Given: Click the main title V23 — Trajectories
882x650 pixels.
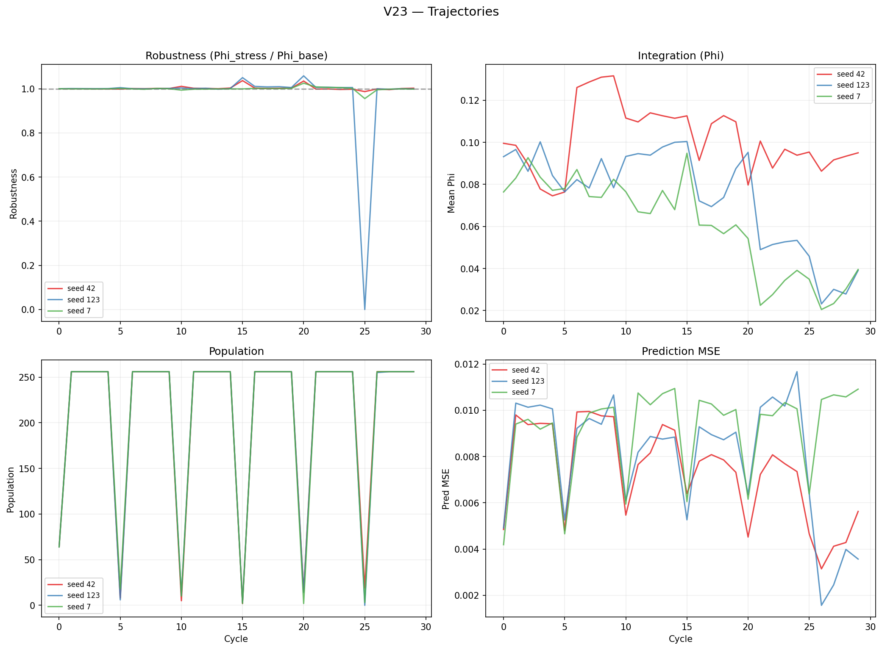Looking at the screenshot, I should tap(441, 12).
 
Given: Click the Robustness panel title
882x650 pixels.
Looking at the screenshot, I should tap(236, 56).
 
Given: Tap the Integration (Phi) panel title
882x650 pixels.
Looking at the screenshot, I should tap(680, 56).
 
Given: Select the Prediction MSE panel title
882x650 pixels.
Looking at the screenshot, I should tap(680, 351).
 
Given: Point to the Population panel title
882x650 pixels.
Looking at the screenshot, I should tap(236, 351).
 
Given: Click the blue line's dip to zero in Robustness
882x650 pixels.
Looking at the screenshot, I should tap(364, 309).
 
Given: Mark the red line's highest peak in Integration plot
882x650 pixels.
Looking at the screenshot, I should tap(613, 76).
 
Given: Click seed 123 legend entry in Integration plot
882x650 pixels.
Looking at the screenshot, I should tap(852, 85).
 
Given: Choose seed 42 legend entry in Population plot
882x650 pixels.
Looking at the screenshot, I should tap(81, 584).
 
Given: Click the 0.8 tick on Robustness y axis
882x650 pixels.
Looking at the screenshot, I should tap(28, 133).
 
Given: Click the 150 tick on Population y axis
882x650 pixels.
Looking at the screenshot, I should tap(27, 468).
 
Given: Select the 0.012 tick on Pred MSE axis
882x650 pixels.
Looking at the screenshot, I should tap(467, 365).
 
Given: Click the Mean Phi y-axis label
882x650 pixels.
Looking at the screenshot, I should tap(451, 193).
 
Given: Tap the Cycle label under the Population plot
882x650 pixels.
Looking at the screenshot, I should tap(236, 639).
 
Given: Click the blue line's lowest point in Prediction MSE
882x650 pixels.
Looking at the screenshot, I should tap(821, 605).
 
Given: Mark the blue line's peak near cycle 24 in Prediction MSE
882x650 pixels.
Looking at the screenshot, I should tap(797, 372).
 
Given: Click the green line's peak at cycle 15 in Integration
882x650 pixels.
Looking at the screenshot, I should tap(687, 153).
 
